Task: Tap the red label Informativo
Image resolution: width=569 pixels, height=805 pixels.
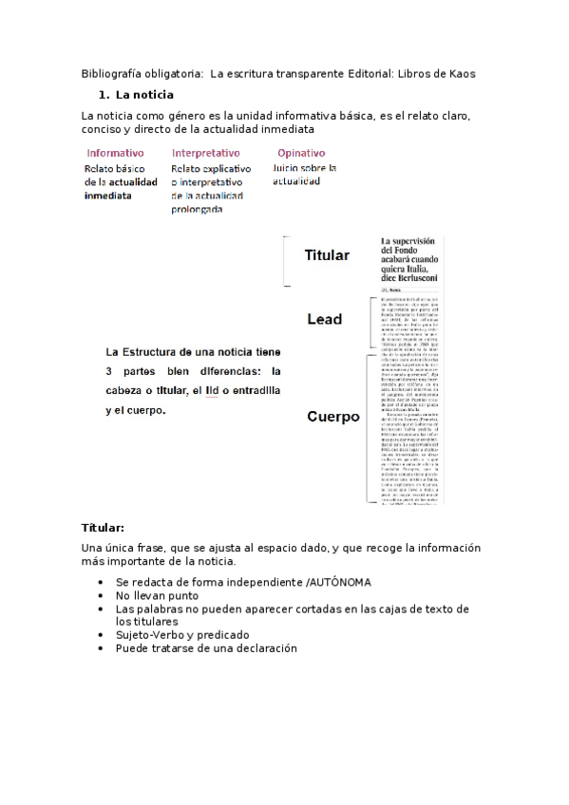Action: tap(116, 153)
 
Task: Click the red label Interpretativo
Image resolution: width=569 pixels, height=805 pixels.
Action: tap(206, 153)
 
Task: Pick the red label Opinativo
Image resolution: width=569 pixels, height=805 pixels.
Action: tap(301, 153)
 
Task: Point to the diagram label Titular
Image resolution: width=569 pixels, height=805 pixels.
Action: tap(327, 255)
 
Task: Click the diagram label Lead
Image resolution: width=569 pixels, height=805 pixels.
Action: tap(325, 319)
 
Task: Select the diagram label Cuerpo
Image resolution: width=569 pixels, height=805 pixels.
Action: tap(332, 417)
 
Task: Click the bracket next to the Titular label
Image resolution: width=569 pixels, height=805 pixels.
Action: tap(286, 260)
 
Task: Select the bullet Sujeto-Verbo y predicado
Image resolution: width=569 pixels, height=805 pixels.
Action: tap(182, 635)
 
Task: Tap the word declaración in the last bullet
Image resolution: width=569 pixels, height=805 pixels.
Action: tap(264, 648)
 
